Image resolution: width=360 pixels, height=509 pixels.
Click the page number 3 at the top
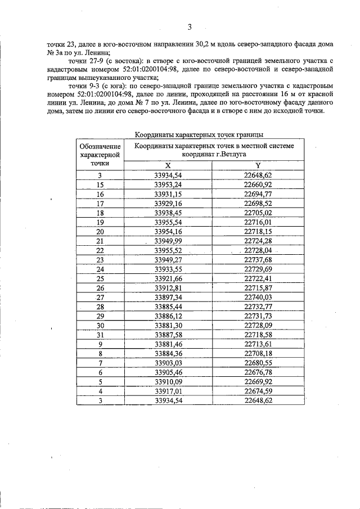(190, 26)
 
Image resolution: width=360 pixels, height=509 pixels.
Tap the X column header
(168, 165)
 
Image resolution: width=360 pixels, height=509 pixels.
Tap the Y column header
(258, 165)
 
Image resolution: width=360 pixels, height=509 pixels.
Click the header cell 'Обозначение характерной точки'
(100, 154)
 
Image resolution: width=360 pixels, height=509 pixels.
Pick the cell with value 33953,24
(168, 184)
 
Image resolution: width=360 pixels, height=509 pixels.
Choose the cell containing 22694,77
(258, 193)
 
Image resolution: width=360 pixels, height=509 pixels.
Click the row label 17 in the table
(100, 203)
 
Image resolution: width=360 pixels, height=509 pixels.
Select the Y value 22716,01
(258, 222)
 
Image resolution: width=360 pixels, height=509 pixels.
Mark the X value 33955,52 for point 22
(168, 250)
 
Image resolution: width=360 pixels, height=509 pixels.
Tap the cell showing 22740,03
(258, 297)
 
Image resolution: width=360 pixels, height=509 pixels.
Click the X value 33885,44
(168, 307)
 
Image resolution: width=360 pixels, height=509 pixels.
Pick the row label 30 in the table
(100, 326)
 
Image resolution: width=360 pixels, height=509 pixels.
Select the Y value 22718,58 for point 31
(258, 335)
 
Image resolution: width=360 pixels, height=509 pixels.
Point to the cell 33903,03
(168, 363)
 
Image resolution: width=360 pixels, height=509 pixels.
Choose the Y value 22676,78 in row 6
(258, 372)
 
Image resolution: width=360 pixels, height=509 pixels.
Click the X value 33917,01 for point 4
(168, 391)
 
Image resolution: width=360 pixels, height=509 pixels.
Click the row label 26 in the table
(100, 288)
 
